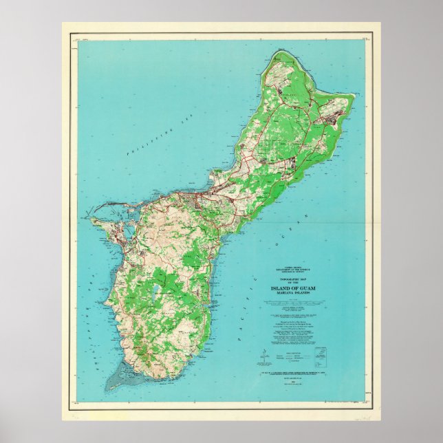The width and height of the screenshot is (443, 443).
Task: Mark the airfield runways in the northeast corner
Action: tap(326, 111)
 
